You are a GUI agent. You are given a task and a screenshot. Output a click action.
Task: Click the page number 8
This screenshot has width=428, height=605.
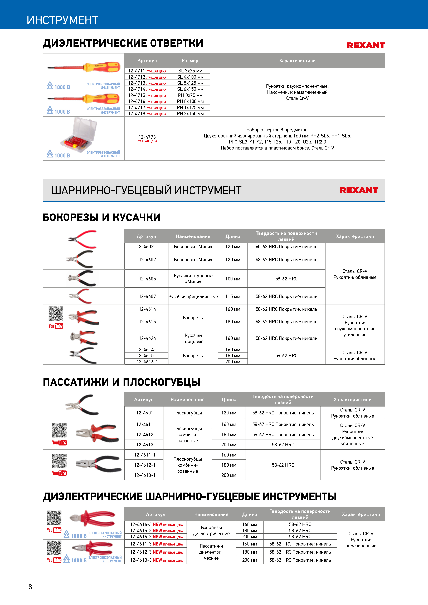coord(30,587)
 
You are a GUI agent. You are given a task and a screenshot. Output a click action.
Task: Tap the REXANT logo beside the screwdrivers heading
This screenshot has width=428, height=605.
coord(366,45)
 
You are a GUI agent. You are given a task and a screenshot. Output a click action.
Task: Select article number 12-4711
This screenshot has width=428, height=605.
coord(137,71)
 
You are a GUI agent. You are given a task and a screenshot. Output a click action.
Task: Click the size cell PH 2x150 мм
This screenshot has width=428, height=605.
coord(190,114)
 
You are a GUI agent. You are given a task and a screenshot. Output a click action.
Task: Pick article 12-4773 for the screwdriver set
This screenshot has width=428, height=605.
coord(147,137)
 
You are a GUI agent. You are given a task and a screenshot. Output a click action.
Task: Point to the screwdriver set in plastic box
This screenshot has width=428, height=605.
coord(79,134)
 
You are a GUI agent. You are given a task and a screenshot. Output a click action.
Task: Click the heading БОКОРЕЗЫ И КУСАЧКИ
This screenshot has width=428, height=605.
coord(101,217)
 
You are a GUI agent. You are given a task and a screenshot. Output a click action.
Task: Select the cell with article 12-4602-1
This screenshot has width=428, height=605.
coord(147,247)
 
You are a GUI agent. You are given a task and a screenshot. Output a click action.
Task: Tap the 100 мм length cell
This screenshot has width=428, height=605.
coord(233,279)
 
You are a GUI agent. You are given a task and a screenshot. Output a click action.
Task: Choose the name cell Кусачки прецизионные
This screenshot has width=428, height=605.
coord(193,296)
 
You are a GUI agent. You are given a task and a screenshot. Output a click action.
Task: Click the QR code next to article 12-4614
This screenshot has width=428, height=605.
coord(56,314)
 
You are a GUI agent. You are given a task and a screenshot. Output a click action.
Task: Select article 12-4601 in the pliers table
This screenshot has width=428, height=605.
coord(144,413)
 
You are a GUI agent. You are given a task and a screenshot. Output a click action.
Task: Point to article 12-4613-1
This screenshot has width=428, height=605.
coord(144,475)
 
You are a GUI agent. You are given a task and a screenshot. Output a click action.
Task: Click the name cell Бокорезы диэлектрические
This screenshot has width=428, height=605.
coord(211,530)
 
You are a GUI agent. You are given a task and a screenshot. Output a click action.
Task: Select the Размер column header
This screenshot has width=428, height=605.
coord(190,61)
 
